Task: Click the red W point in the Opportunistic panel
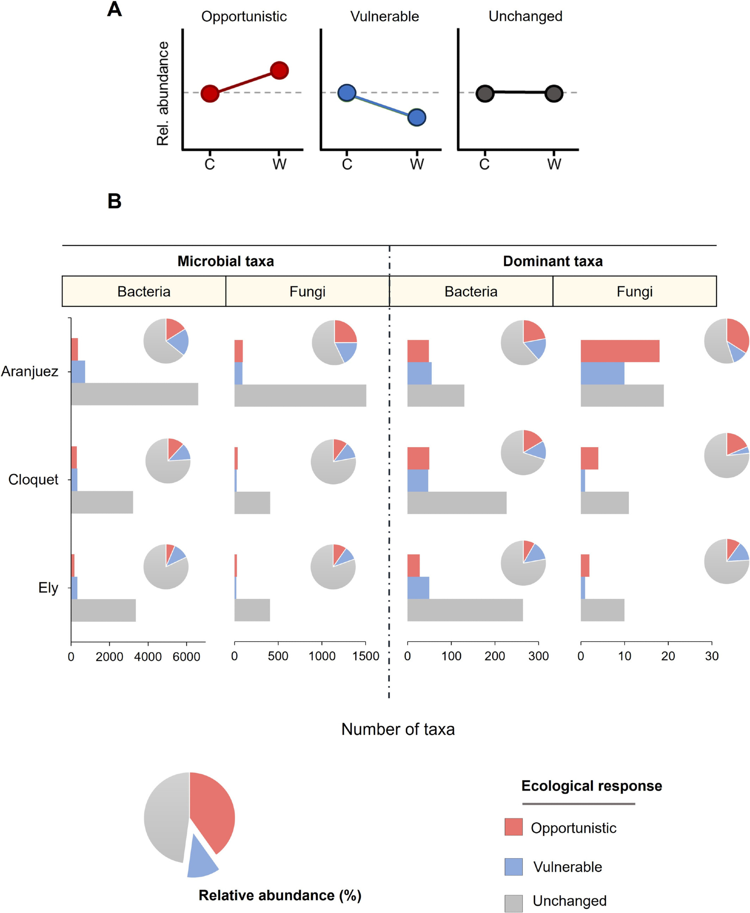279,70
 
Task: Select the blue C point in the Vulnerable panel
347,93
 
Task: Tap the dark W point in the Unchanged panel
554,94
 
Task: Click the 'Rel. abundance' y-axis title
163,94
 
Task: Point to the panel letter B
114,201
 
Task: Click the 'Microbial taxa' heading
225,261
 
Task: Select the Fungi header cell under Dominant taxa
634,291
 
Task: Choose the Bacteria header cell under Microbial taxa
144,291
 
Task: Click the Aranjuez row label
30,371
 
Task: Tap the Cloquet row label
33,480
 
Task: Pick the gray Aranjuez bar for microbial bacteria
134,394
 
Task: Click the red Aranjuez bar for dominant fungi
620,351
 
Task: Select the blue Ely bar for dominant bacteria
418,587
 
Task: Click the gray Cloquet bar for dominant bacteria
457,502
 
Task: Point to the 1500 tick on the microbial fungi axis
366,656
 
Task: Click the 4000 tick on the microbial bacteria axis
148,657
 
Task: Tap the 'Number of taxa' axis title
398,729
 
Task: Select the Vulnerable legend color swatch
513,866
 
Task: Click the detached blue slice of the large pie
201,859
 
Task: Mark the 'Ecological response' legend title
591,786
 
